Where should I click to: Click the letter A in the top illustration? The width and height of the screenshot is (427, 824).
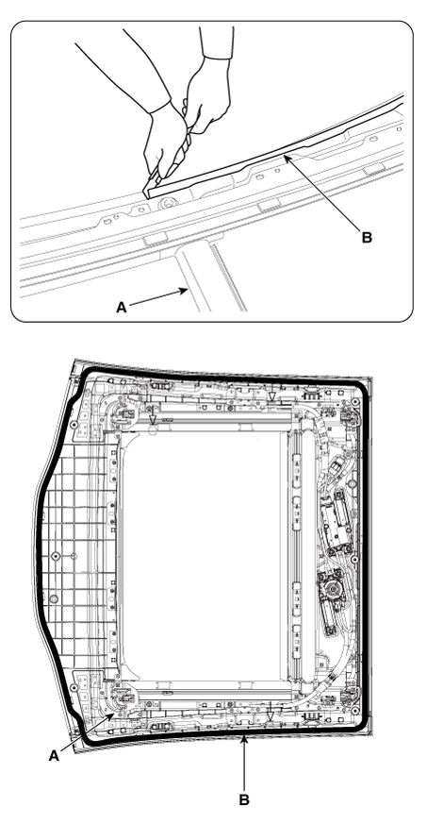[122, 308]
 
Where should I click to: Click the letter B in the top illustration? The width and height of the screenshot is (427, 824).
[368, 238]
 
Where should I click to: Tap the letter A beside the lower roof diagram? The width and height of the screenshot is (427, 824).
[54, 756]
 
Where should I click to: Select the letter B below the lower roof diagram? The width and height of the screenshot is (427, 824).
[244, 800]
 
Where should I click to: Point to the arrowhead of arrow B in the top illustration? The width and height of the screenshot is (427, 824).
[286, 157]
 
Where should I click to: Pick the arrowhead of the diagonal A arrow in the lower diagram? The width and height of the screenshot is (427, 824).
[114, 713]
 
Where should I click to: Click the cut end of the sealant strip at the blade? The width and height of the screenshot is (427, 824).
[147, 193]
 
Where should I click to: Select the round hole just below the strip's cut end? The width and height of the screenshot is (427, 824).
[168, 201]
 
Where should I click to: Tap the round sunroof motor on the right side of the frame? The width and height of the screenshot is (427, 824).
[331, 586]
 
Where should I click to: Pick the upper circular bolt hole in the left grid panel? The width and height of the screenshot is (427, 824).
[57, 556]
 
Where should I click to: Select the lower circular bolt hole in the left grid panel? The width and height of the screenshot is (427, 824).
[54, 599]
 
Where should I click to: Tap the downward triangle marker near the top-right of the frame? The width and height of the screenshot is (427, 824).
[271, 396]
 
